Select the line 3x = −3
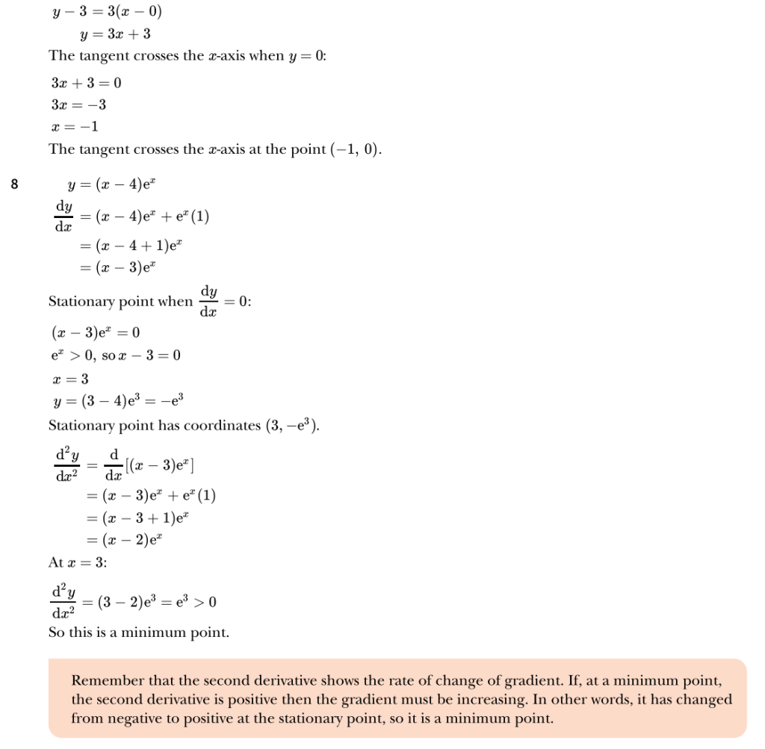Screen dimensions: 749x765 [78, 105]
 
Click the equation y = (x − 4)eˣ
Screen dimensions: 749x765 [111, 181]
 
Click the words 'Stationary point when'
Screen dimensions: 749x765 [120, 302]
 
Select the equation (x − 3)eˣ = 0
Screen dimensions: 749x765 [95, 332]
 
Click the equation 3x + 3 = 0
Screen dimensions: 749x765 [87, 83]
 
